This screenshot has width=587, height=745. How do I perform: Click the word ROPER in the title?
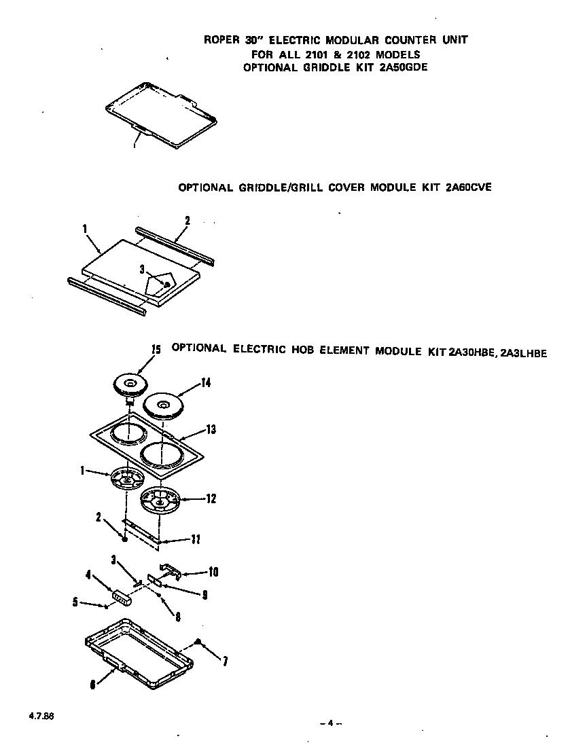pos(221,40)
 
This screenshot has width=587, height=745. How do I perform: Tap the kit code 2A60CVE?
pos(467,187)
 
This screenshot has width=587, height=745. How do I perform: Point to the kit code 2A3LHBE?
pos(523,352)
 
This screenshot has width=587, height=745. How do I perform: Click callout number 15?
pos(156,350)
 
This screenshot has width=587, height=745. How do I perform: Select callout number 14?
pos(205,384)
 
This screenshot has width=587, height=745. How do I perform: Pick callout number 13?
pos(211,429)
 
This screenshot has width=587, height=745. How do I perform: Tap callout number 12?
pos(211,498)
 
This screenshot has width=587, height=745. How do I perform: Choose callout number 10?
pos(213,572)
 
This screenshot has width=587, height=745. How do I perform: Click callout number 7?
pos(225,662)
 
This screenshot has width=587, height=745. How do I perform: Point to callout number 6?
pos(92,685)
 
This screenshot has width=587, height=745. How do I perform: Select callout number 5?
pos(75,602)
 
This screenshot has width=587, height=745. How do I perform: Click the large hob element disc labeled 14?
pos(162,405)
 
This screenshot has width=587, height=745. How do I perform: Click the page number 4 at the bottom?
pos(330,723)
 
